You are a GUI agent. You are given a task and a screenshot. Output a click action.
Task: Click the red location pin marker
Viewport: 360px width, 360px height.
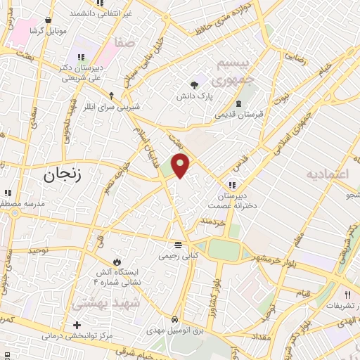pyautogui.click(x=181, y=165)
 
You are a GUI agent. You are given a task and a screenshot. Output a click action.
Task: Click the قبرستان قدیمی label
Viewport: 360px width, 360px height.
pyautogui.click(x=238, y=112)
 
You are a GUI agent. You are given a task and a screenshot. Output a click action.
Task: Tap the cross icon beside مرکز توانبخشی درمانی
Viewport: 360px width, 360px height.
pyautogui.click(x=77, y=326)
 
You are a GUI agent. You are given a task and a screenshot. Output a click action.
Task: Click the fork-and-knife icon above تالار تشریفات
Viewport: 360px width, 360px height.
pyautogui.click(x=347, y=295)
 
